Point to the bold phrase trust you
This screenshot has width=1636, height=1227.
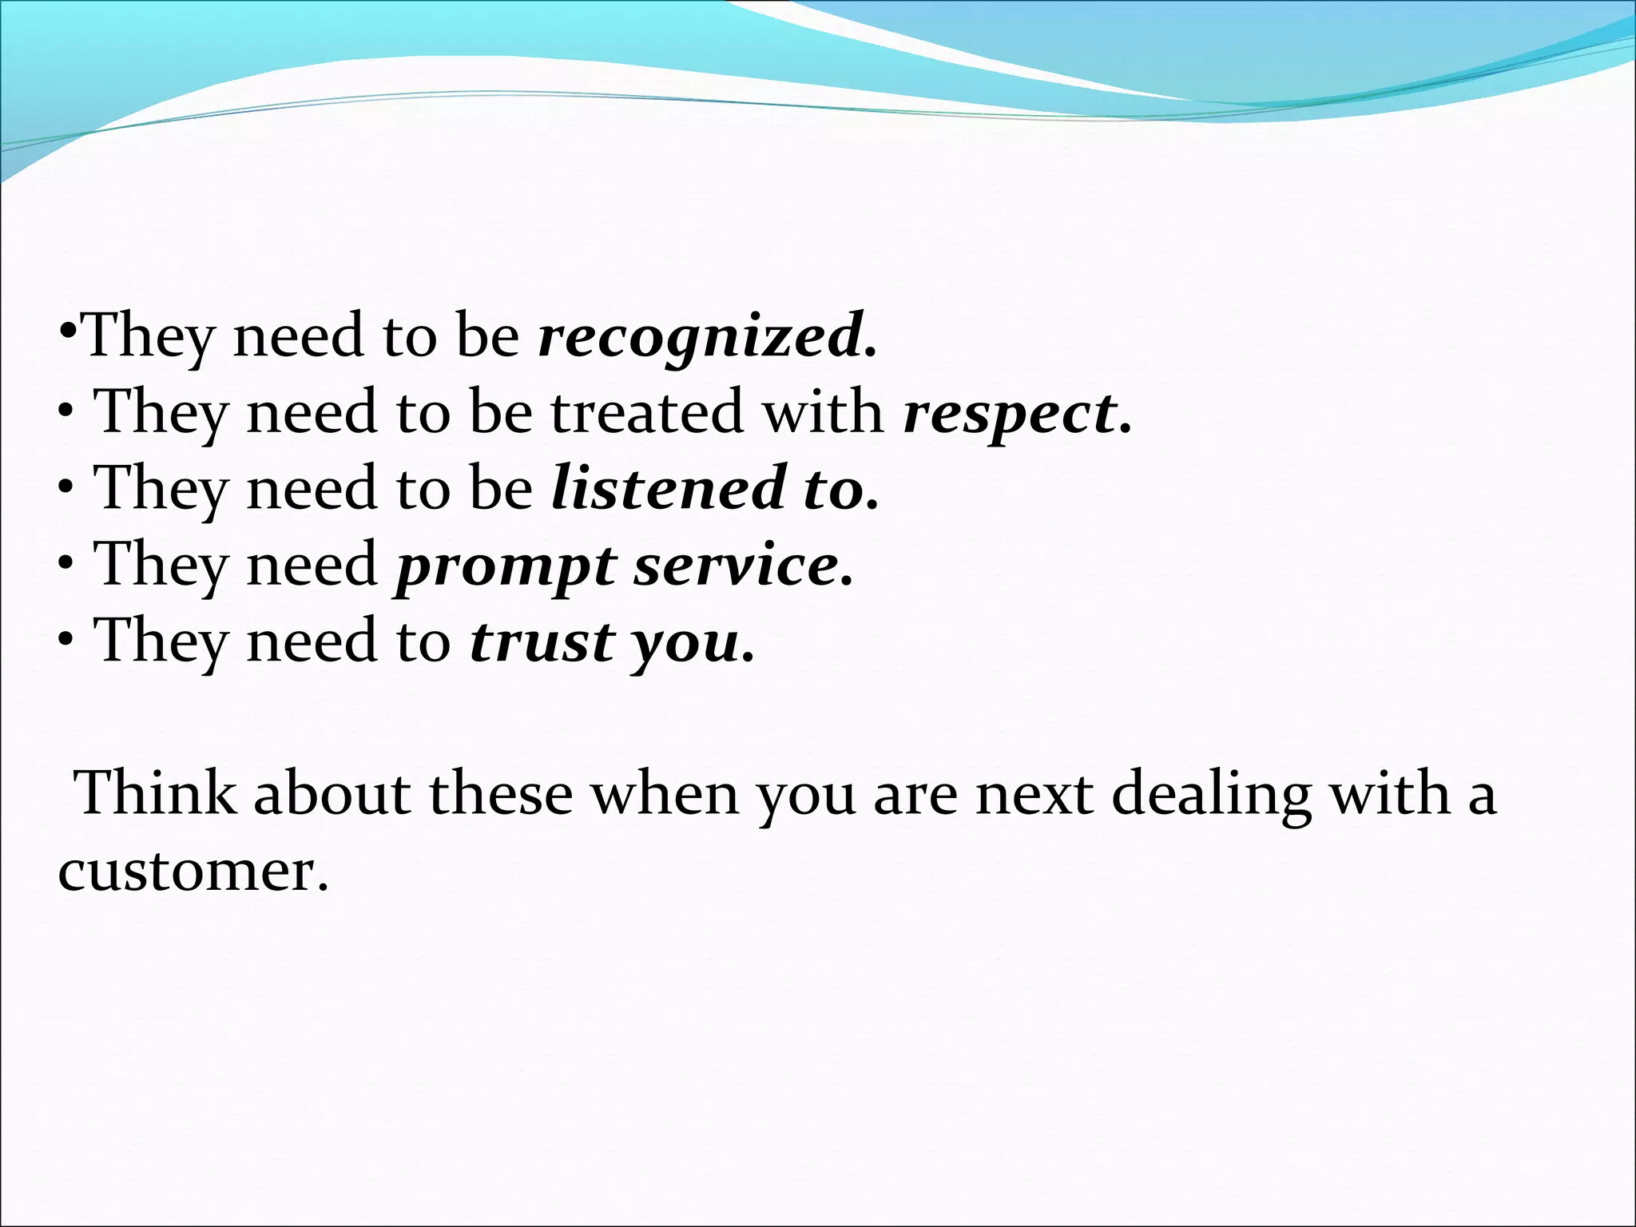tap(611, 641)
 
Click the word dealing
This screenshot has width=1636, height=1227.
tap(1211, 795)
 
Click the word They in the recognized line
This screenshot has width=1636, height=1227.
tap(149, 336)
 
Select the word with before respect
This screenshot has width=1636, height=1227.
tap(822, 412)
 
